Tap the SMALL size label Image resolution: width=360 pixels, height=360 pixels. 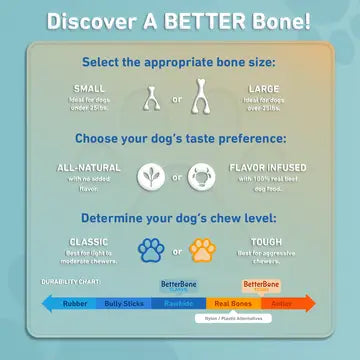click(89, 88)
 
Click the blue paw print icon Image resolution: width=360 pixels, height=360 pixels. click(151, 249)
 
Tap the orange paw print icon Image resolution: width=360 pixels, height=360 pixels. click(208, 249)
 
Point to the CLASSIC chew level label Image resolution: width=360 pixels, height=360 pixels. click(89, 241)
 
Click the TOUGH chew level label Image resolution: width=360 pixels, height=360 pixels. click(266, 241)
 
